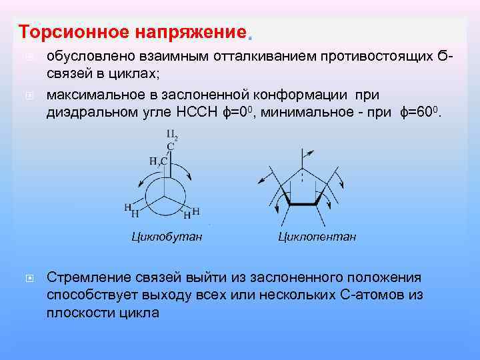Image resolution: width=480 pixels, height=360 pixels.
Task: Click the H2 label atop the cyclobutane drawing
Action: (x=171, y=137)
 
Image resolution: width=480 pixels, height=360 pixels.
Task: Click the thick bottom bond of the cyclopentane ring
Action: (x=303, y=203)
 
